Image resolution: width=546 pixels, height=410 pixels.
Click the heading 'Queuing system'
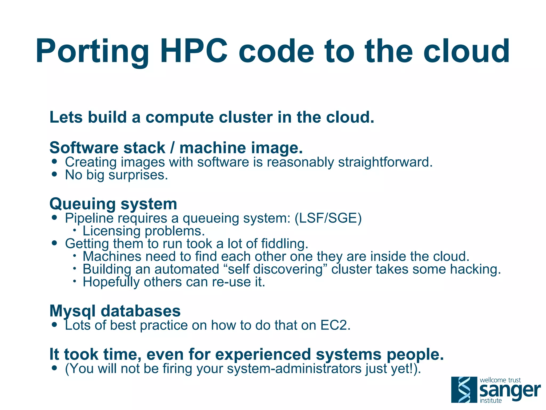click(x=113, y=204)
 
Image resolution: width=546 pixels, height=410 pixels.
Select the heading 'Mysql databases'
click(x=115, y=311)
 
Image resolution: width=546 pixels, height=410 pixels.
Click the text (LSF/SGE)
click(x=328, y=218)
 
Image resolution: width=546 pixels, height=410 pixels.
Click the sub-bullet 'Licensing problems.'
click(x=144, y=231)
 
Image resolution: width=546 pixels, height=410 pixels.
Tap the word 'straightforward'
click(x=385, y=162)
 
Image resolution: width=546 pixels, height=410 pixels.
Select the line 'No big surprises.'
click(x=117, y=175)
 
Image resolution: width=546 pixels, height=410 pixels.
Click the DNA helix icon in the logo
click(x=464, y=390)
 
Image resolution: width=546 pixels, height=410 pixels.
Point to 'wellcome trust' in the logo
click(x=500, y=380)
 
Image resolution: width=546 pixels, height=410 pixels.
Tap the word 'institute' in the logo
click(x=491, y=401)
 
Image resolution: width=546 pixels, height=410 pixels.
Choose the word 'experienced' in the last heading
click(x=263, y=354)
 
